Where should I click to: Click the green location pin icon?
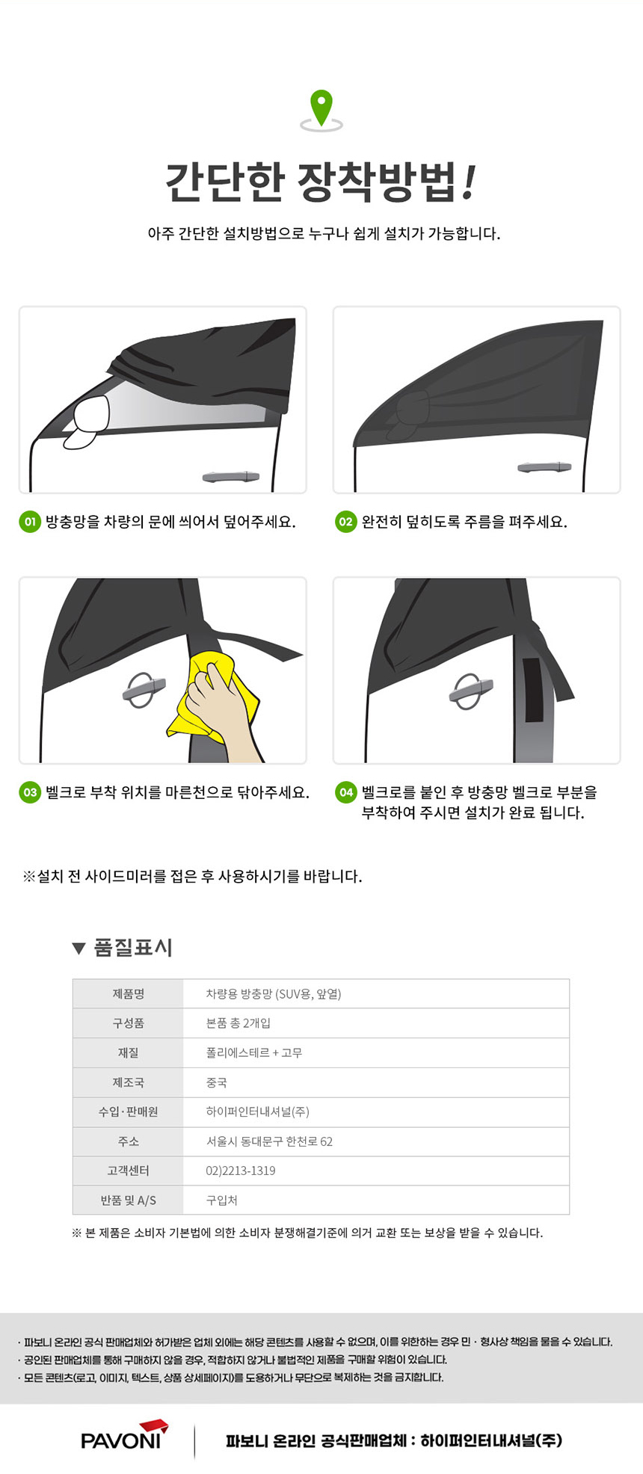(321, 109)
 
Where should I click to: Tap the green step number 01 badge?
(29, 522)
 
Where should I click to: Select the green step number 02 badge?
(345, 522)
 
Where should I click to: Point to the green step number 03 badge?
(29, 792)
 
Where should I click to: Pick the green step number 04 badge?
(346, 792)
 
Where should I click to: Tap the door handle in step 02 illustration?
(544, 467)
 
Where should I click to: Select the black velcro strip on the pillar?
(532, 691)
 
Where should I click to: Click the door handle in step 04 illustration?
(470, 691)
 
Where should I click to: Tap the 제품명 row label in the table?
(128, 994)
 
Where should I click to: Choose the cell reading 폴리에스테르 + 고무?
(254, 1053)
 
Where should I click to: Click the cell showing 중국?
(216, 1082)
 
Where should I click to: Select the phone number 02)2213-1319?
(241, 1171)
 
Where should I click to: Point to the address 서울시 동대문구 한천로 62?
(269, 1141)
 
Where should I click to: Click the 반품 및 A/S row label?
(128, 1200)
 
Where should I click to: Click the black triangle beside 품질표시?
(79, 949)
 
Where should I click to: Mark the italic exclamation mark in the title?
(469, 182)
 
